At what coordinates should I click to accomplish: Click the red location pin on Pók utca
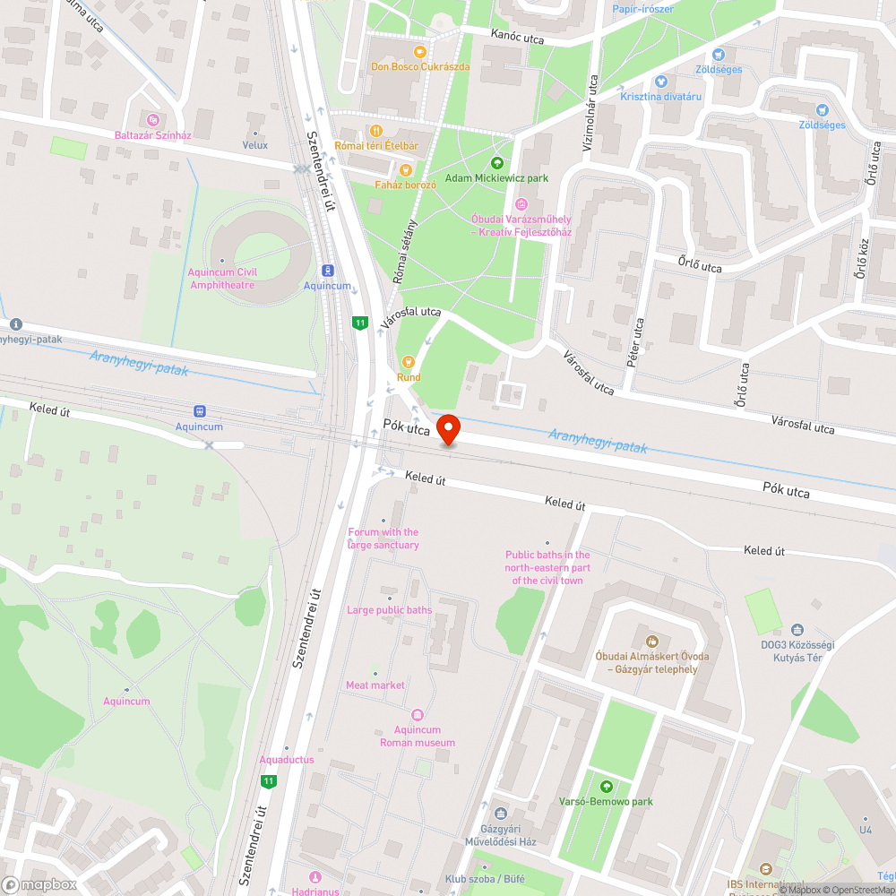click(447, 428)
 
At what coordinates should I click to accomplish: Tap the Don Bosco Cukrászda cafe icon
click(420, 51)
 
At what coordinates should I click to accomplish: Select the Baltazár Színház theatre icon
click(153, 119)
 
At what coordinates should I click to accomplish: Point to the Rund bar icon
click(409, 362)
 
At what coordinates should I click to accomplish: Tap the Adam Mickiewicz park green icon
click(497, 162)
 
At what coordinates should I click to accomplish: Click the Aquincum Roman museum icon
click(417, 715)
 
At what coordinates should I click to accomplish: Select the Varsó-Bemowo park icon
click(607, 786)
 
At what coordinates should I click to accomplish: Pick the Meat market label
click(375, 685)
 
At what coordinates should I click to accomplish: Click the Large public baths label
click(389, 610)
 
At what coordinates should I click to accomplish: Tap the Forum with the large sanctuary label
click(383, 538)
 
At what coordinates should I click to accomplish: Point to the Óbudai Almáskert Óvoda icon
click(651, 641)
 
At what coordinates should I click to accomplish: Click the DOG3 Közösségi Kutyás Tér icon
click(797, 630)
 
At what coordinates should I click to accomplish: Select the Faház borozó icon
click(405, 169)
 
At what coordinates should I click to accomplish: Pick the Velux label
click(255, 144)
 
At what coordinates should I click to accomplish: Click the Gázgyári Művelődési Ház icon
click(501, 814)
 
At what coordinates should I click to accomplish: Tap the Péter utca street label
click(639, 337)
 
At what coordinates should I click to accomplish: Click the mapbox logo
click(40, 884)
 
